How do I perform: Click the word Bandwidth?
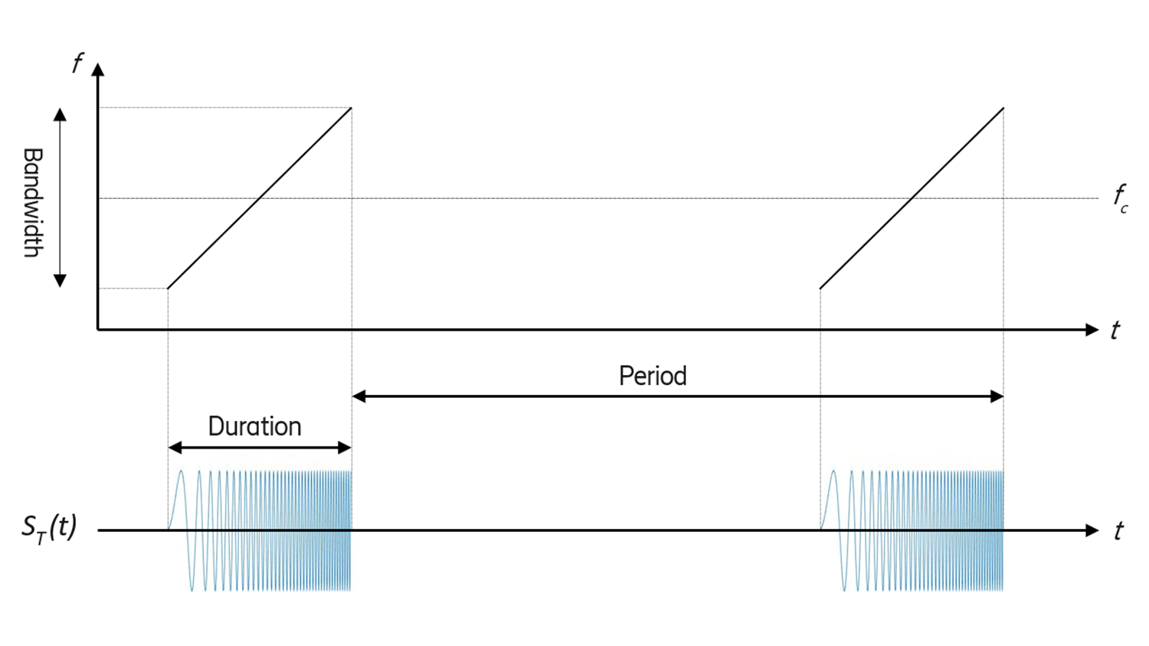[32, 202]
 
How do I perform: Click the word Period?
[653, 376]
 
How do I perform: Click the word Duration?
[254, 426]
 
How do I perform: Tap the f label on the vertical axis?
[77, 63]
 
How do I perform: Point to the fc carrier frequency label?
[1120, 197]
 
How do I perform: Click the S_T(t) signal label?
[49, 528]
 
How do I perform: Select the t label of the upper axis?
[1115, 330]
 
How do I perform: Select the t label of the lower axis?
[1118, 530]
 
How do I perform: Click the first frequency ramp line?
[260, 198]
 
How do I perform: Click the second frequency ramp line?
[912, 198]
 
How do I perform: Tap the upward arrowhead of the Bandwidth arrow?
[60, 115]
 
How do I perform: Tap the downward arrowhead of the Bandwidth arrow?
[60, 281]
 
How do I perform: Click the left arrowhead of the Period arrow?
[358, 396]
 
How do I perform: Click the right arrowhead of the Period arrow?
[997, 396]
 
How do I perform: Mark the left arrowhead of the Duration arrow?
[175, 448]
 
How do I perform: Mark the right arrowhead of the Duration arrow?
[345, 448]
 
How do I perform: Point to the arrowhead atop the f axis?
[97, 70]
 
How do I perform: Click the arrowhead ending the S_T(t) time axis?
[1092, 530]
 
